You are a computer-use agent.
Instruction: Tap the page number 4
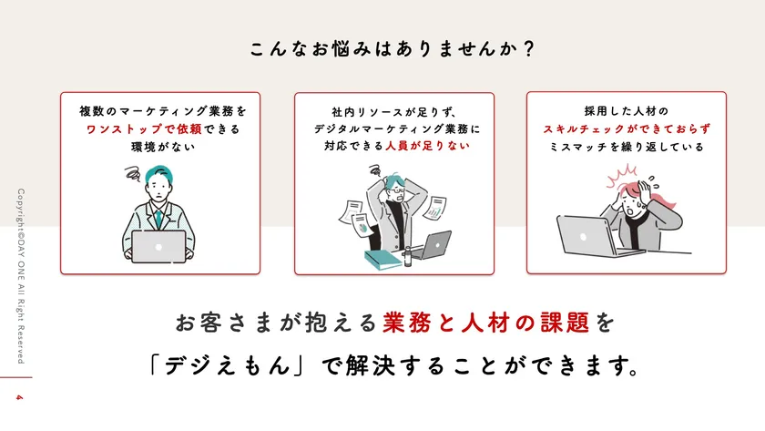(x=17, y=397)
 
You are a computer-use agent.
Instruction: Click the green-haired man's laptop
(x=158, y=245)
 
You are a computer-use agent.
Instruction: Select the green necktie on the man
(x=159, y=218)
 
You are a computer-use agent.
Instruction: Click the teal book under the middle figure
(x=383, y=258)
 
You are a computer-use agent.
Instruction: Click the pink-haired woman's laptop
(x=586, y=235)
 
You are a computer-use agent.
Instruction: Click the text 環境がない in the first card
(x=159, y=146)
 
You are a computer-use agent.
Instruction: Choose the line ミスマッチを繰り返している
(x=627, y=146)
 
